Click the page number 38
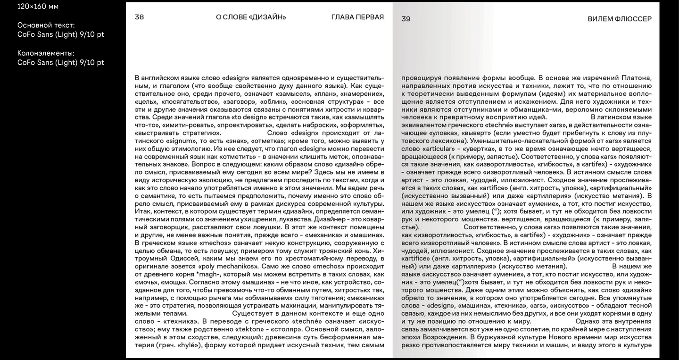click(139, 17)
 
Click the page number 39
click(406, 19)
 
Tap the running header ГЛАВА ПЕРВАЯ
click(357, 17)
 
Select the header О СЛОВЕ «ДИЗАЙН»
click(251, 17)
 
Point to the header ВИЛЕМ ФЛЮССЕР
click(620, 19)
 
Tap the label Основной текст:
click(46, 25)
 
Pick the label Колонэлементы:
click(46, 53)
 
